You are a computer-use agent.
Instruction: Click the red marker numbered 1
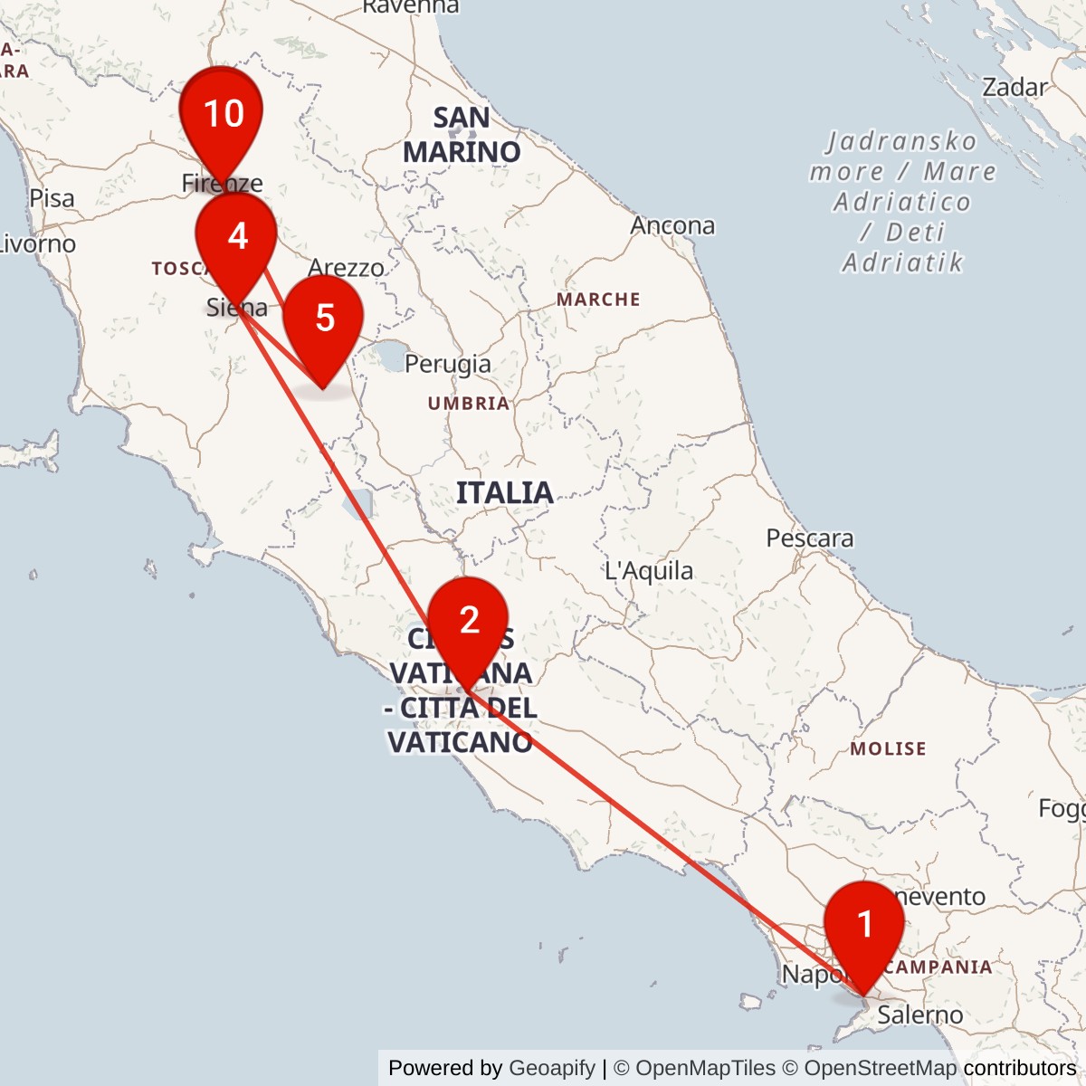[864, 926]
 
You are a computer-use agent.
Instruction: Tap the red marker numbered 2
[468, 622]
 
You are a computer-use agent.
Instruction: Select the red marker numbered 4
[237, 237]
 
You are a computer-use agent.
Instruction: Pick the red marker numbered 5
[324, 319]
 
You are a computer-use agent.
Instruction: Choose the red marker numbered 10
[222, 114]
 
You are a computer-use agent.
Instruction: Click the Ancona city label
[672, 225]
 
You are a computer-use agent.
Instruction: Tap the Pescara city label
[809, 538]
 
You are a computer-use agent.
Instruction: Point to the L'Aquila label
[649, 571]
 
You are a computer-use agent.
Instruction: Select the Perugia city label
[448, 364]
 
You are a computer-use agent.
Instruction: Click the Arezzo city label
[346, 268]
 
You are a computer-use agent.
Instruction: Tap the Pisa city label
[52, 198]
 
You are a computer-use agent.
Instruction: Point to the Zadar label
[1015, 88]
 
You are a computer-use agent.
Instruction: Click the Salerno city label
[919, 1015]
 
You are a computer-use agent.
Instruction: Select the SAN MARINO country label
[462, 135]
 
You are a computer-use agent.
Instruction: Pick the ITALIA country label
[504, 493]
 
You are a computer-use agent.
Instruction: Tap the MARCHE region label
[598, 300]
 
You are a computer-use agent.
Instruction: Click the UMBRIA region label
[469, 404]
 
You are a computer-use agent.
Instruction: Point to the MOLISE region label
[888, 749]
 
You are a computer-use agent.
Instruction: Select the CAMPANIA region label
[938, 967]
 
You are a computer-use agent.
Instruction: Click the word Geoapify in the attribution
[552, 1068]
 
